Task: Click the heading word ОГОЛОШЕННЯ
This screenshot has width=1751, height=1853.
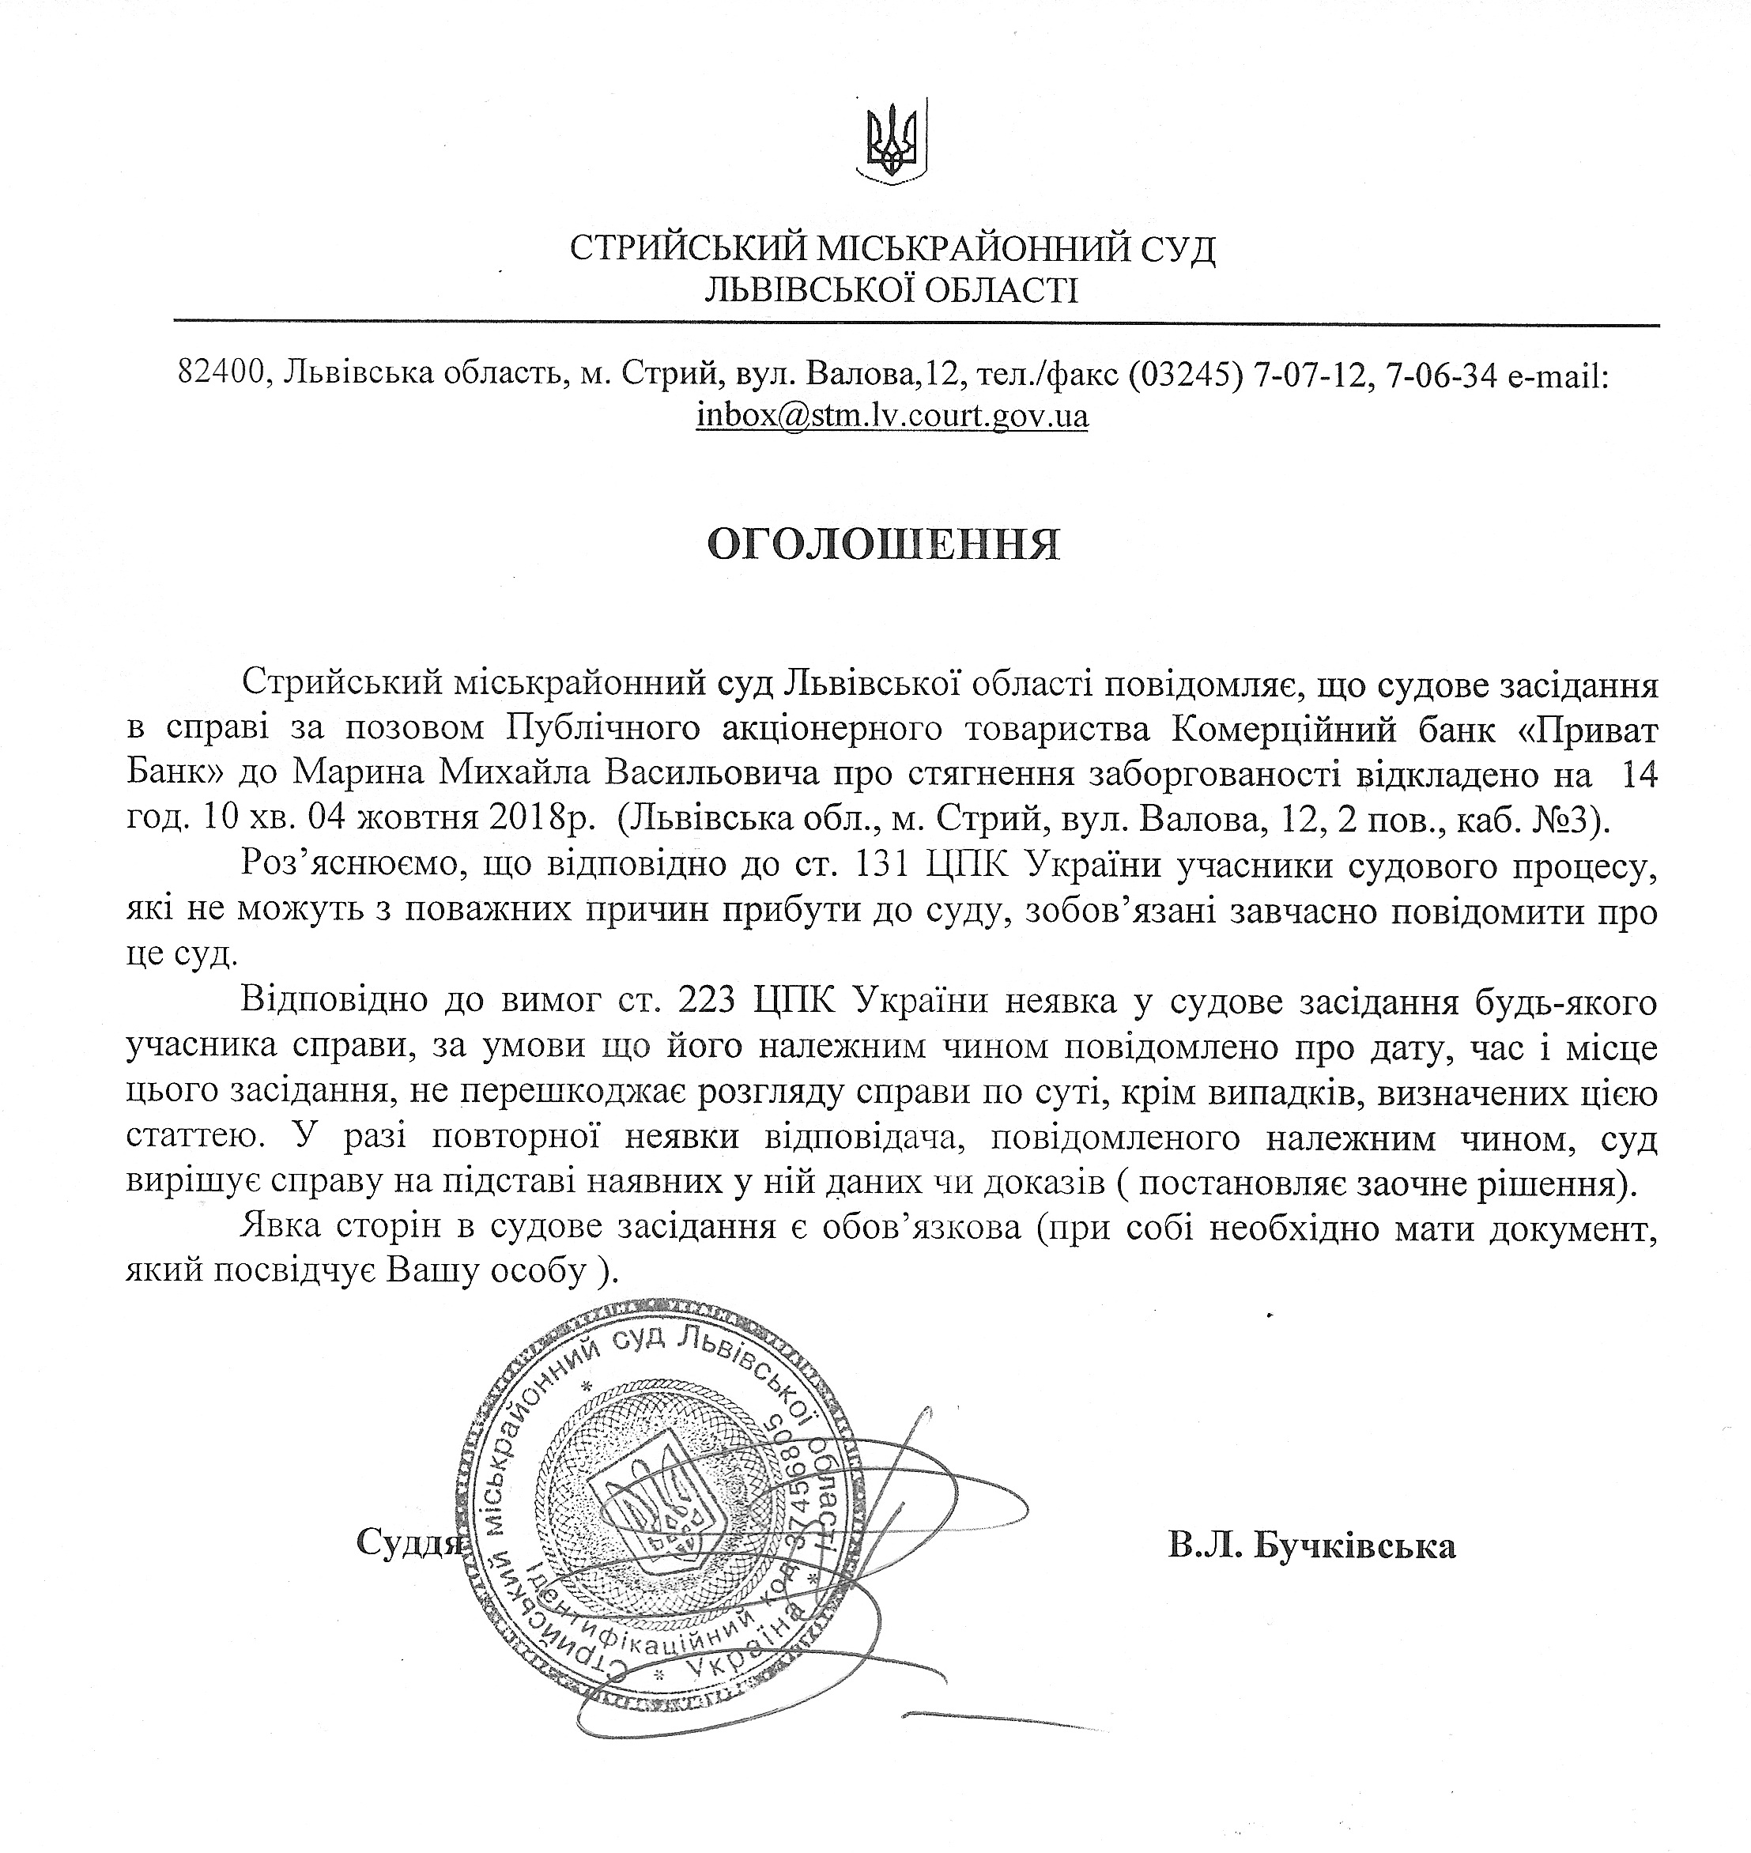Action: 883,545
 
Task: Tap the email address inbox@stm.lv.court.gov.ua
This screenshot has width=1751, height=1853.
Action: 892,414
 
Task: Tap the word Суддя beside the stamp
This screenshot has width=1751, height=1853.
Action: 409,1542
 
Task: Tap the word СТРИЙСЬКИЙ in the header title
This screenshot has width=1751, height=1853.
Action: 687,249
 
